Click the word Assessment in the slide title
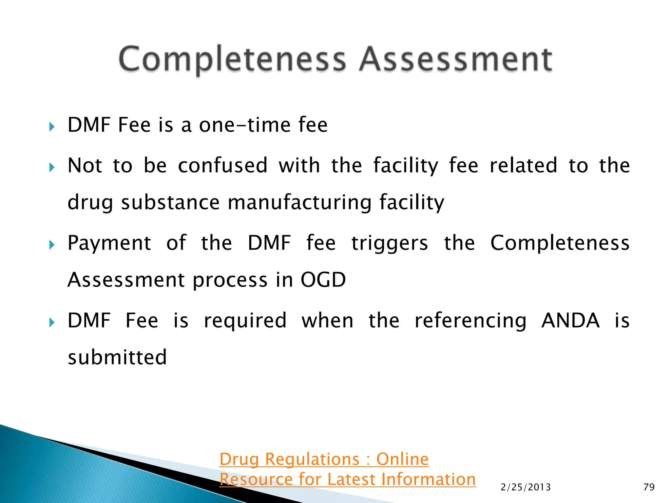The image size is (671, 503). [x=455, y=60]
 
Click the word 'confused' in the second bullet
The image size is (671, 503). [x=223, y=165]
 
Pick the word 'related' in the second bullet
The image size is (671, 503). [x=523, y=165]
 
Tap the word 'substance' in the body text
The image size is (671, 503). [x=170, y=202]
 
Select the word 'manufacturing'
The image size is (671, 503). [x=299, y=202]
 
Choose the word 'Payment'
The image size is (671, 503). [x=109, y=243]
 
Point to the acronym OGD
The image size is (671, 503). [x=323, y=280]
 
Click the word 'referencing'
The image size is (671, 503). [x=470, y=321]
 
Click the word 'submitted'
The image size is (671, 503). [x=117, y=357]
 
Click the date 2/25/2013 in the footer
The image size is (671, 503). [x=526, y=487]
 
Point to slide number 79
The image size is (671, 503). [x=649, y=487]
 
